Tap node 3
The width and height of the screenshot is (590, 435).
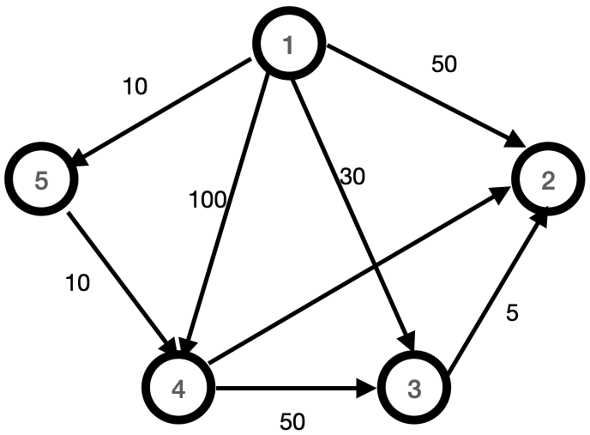tap(414, 388)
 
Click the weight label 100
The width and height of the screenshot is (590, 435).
tap(208, 201)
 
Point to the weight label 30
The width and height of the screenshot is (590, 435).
tap(352, 177)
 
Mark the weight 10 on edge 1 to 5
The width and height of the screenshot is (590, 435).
tap(135, 86)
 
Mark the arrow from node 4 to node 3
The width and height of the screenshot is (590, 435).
tap(296, 390)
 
